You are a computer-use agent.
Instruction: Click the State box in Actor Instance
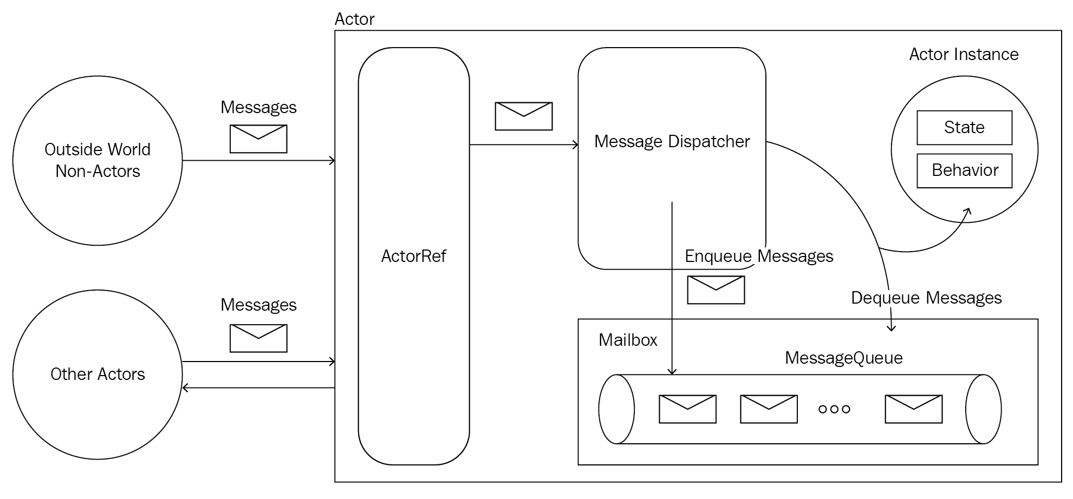point(964,128)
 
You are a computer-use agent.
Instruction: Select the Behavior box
point(964,170)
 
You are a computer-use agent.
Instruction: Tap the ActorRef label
point(413,256)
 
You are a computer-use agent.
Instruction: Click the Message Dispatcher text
point(672,141)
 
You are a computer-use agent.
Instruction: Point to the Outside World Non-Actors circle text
point(97,160)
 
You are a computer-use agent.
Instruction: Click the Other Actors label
point(97,374)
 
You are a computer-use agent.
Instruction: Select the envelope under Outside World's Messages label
point(258,139)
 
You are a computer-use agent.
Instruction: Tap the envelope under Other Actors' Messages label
point(258,338)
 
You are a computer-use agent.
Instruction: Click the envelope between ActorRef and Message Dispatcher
point(523,116)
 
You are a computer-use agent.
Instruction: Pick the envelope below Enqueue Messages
point(716,290)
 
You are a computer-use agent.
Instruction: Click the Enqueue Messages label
point(758,256)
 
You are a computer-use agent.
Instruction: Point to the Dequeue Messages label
point(926,298)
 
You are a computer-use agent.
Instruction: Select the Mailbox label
point(628,340)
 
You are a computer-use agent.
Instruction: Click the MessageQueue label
point(843,358)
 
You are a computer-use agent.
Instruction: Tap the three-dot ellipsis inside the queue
point(834,409)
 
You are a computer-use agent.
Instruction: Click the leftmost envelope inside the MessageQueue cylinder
point(687,409)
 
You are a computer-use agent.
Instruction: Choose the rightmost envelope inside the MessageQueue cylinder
point(913,409)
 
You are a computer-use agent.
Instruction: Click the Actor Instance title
point(964,54)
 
